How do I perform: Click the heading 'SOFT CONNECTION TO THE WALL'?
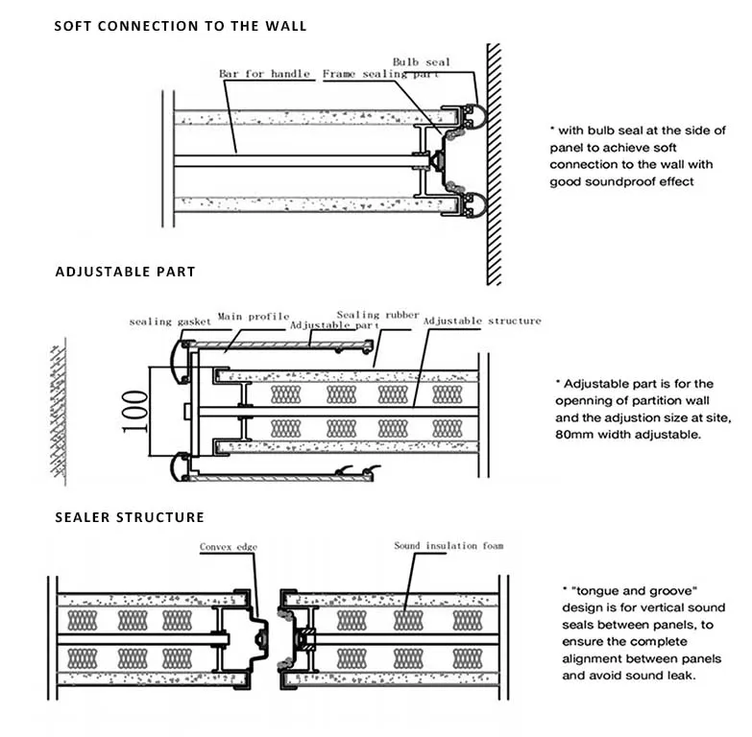pos(181,26)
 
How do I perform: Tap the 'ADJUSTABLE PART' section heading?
pos(125,272)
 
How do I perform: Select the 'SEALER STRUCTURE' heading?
pos(129,517)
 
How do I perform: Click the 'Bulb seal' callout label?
pos(421,62)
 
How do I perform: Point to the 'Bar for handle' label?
pos(264,74)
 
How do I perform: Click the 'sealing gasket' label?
pos(169,321)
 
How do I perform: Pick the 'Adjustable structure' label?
pos(482,321)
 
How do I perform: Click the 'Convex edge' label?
pos(230,547)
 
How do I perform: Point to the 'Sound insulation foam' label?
pos(449,546)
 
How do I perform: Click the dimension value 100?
pos(135,410)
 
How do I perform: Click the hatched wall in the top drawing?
pos(494,163)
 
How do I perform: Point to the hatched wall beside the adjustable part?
pos(59,413)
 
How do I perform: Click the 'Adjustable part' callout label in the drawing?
pos(329,325)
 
